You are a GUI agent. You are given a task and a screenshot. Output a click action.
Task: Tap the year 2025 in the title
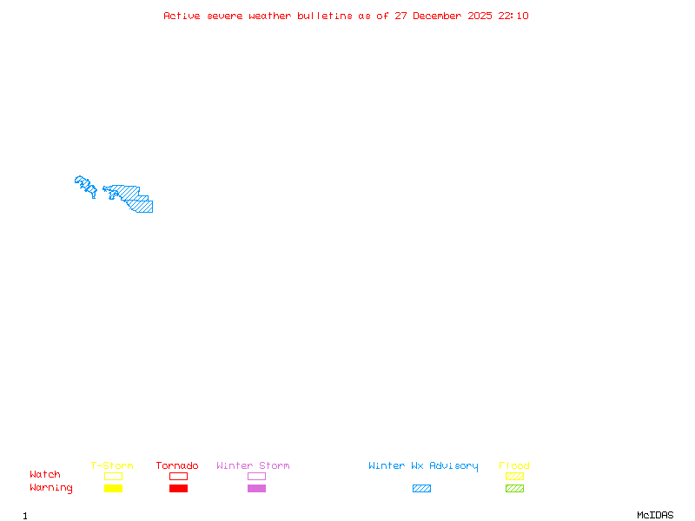coord(480,16)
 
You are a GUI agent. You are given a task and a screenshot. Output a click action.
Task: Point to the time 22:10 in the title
coord(513,16)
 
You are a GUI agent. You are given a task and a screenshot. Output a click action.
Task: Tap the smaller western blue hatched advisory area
coord(85,184)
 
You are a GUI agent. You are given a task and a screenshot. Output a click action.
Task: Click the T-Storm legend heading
coord(112,466)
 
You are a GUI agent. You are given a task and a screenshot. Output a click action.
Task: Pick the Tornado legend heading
coord(177,466)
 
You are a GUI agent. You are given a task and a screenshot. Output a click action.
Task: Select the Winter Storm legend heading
coord(253,466)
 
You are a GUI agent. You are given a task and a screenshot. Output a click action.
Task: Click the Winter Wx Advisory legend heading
coord(423,466)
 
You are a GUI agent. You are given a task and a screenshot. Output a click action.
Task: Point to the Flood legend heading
coord(514,466)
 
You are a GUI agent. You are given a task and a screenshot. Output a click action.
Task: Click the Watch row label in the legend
coord(45,475)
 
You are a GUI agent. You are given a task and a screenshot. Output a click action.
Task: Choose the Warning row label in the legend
coord(51,488)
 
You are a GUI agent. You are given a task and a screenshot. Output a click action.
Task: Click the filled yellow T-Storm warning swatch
coord(113,489)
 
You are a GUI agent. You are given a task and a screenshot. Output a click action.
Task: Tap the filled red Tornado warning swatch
coord(178,489)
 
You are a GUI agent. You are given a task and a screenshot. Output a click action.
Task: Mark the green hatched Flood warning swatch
coord(514,489)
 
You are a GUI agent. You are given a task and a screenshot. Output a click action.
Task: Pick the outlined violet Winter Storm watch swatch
coord(256,477)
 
